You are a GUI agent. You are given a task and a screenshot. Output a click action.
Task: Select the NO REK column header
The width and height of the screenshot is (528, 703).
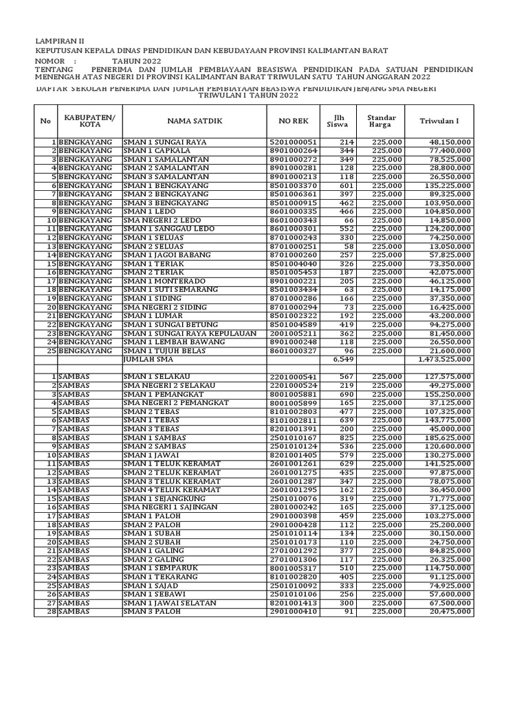pyautogui.click(x=294, y=121)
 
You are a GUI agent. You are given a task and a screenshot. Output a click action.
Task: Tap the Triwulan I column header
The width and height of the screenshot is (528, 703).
pyautogui.click(x=439, y=121)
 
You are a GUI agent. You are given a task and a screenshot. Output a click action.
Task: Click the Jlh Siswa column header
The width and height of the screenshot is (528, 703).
pyautogui.click(x=338, y=121)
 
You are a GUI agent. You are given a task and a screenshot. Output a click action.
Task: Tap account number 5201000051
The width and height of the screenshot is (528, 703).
pyautogui.click(x=294, y=142)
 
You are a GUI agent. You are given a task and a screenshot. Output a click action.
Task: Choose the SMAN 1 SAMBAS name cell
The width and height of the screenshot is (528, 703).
pyautogui.click(x=151, y=437)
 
